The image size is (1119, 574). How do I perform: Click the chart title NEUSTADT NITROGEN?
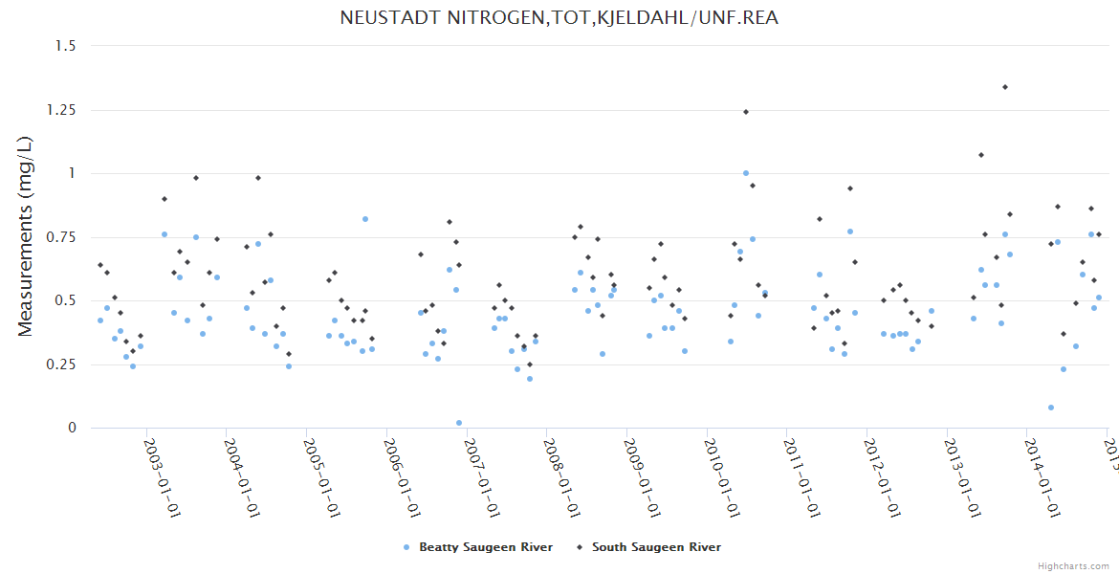coord(559,18)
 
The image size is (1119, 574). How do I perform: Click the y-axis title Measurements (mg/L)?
coord(26,236)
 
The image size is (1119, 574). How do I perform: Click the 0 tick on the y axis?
coord(71,428)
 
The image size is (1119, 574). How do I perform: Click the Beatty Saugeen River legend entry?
coord(478,547)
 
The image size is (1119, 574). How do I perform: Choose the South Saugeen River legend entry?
coord(649,547)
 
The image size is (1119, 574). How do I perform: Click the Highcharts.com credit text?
coord(1074,566)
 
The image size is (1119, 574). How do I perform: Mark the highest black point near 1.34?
coord(1005,87)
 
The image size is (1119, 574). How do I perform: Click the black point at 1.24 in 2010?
coord(746,112)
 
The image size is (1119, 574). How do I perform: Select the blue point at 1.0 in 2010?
coord(746,173)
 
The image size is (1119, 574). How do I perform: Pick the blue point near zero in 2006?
coord(459,423)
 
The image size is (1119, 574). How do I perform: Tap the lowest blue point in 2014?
coord(1051,408)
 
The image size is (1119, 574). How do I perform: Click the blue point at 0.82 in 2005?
coord(365,219)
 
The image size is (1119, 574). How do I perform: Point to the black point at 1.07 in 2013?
coord(981,155)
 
